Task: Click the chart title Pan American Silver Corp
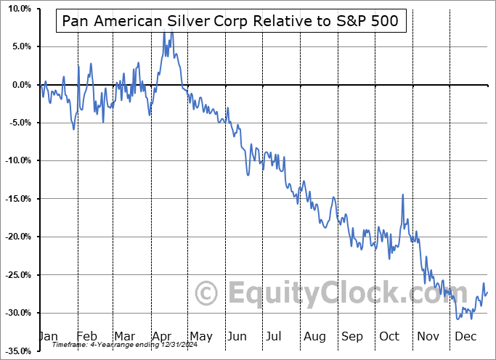click(x=229, y=20)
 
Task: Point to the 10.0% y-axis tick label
click(x=16, y=9)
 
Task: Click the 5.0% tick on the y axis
click(x=18, y=46)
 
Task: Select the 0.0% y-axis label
click(x=18, y=85)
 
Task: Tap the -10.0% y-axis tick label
click(x=15, y=160)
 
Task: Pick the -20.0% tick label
click(x=15, y=237)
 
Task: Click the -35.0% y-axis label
click(x=15, y=351)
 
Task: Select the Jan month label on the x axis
click(x=48, y=336)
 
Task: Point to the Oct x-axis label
click(x=389, y=336)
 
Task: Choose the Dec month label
click(x=465, y=336)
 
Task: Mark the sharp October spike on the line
click(x=402, y=195)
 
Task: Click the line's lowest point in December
click(x=458, y=318)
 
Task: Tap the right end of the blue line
click(x=487, y=292)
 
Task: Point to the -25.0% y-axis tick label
click(x=15, y=274)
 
